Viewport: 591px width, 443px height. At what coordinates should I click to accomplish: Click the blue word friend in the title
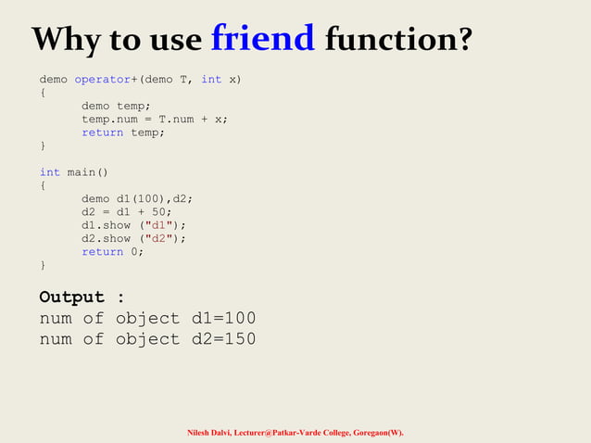pos(263,38)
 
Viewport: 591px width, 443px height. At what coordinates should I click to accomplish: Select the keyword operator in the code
pos(103,80)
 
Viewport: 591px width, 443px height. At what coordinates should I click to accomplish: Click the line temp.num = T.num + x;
pos(155,120)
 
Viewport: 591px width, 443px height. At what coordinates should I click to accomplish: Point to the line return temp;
pos(123,133)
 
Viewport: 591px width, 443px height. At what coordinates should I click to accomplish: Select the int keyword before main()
pos(49,172)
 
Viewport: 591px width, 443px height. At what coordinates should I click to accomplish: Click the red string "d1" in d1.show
pos(162,225)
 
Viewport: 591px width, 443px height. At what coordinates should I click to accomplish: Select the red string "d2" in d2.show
pos(162,238)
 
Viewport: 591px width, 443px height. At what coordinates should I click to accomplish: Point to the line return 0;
pos(112,252)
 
